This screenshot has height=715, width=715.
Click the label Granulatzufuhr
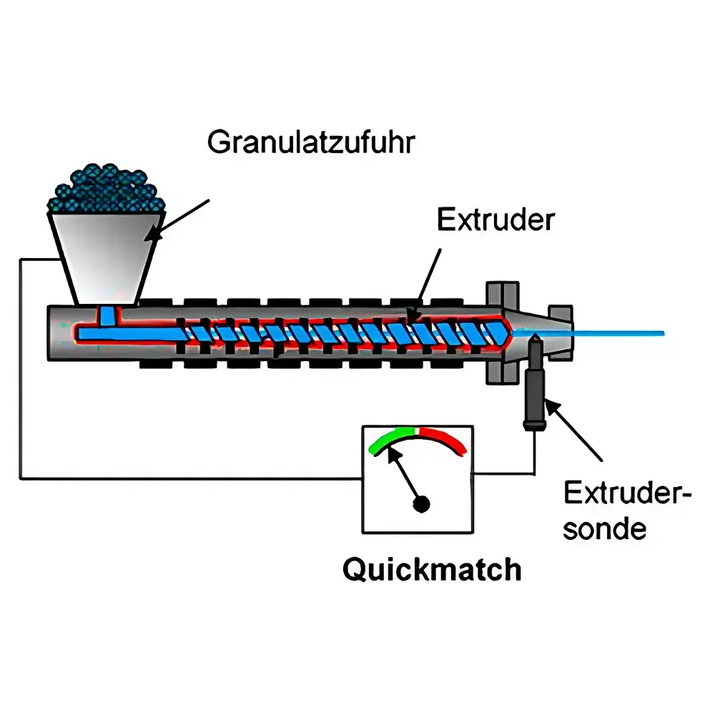tap(311, 143)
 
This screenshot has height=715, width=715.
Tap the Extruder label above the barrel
tap(495, 220)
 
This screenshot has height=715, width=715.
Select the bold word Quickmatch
tap(432, 570)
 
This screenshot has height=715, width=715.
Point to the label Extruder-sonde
tap(628, 511)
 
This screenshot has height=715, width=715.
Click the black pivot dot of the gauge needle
tap(421, 504)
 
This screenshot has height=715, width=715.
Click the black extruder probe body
tap(534, 383)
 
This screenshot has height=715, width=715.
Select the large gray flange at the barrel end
tap(503, 333)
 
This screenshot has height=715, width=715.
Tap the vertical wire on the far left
tap(20, 369)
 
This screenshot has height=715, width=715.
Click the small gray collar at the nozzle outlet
tap(561, 333)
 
